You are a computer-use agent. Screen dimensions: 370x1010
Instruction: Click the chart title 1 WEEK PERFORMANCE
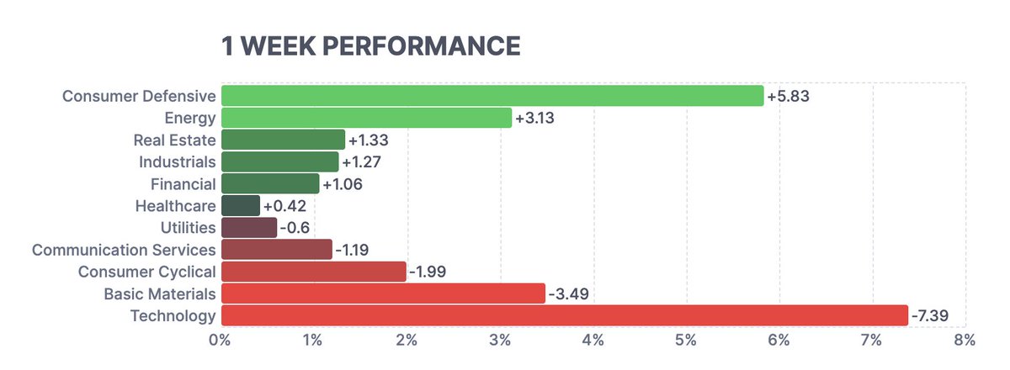click(x=370, y=45)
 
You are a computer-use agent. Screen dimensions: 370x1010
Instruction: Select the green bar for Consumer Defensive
click(x=492, y=96)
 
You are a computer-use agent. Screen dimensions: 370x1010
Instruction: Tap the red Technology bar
click(x=564, y=315)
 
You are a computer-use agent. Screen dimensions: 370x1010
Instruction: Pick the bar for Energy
click(x=366, y=118)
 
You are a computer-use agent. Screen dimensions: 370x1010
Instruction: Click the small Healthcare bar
click(x=241, y=205)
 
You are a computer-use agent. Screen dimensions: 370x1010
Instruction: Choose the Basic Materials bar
click(x=383, y=293)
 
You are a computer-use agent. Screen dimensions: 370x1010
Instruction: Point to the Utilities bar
click(x=248, y=227)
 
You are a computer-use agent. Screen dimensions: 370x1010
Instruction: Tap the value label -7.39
click(x=932, y=315)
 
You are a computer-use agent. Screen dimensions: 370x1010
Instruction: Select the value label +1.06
click(x=345, y=183)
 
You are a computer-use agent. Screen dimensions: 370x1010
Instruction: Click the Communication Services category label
click(x=124, y=250)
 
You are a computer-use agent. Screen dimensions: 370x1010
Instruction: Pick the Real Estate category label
click(x=174, y=140)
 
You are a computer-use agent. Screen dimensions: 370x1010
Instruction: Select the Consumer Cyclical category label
click(x=146, y=272)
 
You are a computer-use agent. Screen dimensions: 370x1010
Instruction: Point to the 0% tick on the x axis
click(x=221, y=341)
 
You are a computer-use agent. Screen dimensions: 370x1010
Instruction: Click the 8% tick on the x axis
click(x=965, y=341)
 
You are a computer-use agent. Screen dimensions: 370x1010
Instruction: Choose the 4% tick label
click(x=593, y=341)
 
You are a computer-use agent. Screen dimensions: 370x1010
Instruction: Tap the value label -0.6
click(x=295, y=227)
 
